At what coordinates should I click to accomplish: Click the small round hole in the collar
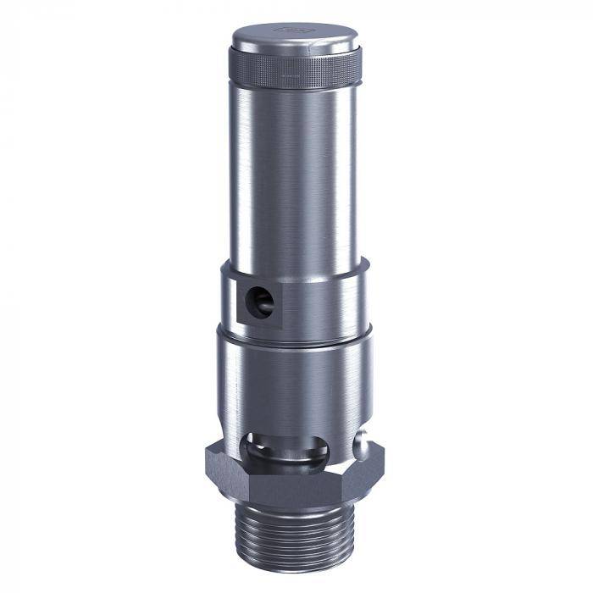(259, 302)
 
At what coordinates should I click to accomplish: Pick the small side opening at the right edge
(362, 444)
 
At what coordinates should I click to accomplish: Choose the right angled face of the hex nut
(369, 474)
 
